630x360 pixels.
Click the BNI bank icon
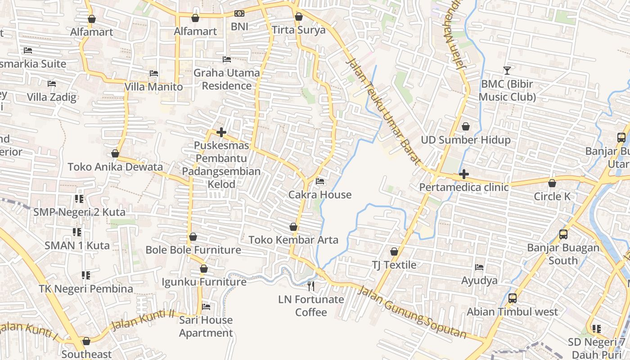[x=239, y=14]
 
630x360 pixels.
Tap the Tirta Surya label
[x=298, y=30]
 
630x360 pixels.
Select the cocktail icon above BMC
[x=507, y=70]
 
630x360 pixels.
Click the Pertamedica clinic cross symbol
[x=464, y=174]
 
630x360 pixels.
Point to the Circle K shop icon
[x=552, y=183]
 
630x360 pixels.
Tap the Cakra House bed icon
[x=320, y=181]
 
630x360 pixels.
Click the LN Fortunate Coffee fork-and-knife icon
[x=311, y=286]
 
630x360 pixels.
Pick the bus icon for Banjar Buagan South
[x=563, y=234]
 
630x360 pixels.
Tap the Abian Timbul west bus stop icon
[x=512, y=298]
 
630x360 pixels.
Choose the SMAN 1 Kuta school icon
[x=77, y=232]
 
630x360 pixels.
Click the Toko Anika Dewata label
[x=115, y=167]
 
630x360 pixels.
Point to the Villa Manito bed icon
[x=154, y=73]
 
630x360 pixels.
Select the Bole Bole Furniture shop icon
[x=193, y=237]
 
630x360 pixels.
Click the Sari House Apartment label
[x=206, y=326]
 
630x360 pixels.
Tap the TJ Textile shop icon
[x=394, y=252]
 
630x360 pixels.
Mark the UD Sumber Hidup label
[x=466, y=140]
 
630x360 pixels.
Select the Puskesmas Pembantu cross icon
[x=221, y=132]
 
